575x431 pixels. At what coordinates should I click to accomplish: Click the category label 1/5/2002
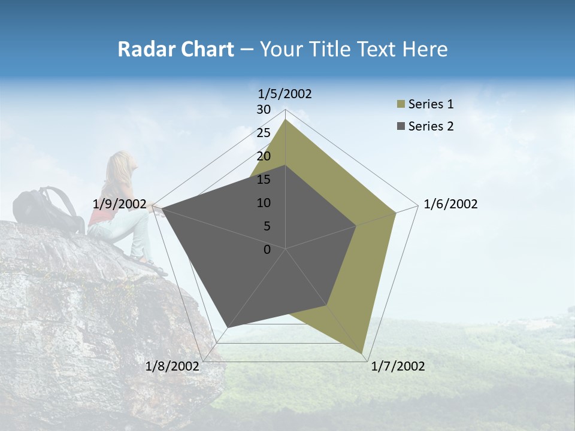(285, 93)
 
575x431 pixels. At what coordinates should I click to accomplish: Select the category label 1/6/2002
(450, 204)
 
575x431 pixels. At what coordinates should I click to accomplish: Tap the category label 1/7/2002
(398, 366)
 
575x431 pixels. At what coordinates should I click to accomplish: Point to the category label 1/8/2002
(172, 366)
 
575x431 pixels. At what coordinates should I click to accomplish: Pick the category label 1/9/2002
(120, 204)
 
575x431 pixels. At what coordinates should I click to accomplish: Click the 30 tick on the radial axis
(264, 110)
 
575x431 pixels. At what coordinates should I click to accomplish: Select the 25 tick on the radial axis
(264, 133)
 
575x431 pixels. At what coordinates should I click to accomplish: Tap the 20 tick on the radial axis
(264, 156)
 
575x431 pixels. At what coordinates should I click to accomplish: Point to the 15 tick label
(264, 180)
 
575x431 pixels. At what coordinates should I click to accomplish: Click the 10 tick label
(264, 203)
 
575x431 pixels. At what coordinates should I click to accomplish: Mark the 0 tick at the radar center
(267, 250)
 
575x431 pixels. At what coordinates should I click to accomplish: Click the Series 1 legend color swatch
(401, 105)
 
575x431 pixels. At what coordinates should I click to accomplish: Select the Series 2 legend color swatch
(401, 126)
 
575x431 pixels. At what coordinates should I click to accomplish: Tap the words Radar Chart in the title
(175, 49)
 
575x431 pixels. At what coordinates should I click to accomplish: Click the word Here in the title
(425, 49)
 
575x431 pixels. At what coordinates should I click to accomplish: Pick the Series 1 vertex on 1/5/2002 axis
(286, 120)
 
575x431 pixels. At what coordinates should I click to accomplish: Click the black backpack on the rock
(48, 210)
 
